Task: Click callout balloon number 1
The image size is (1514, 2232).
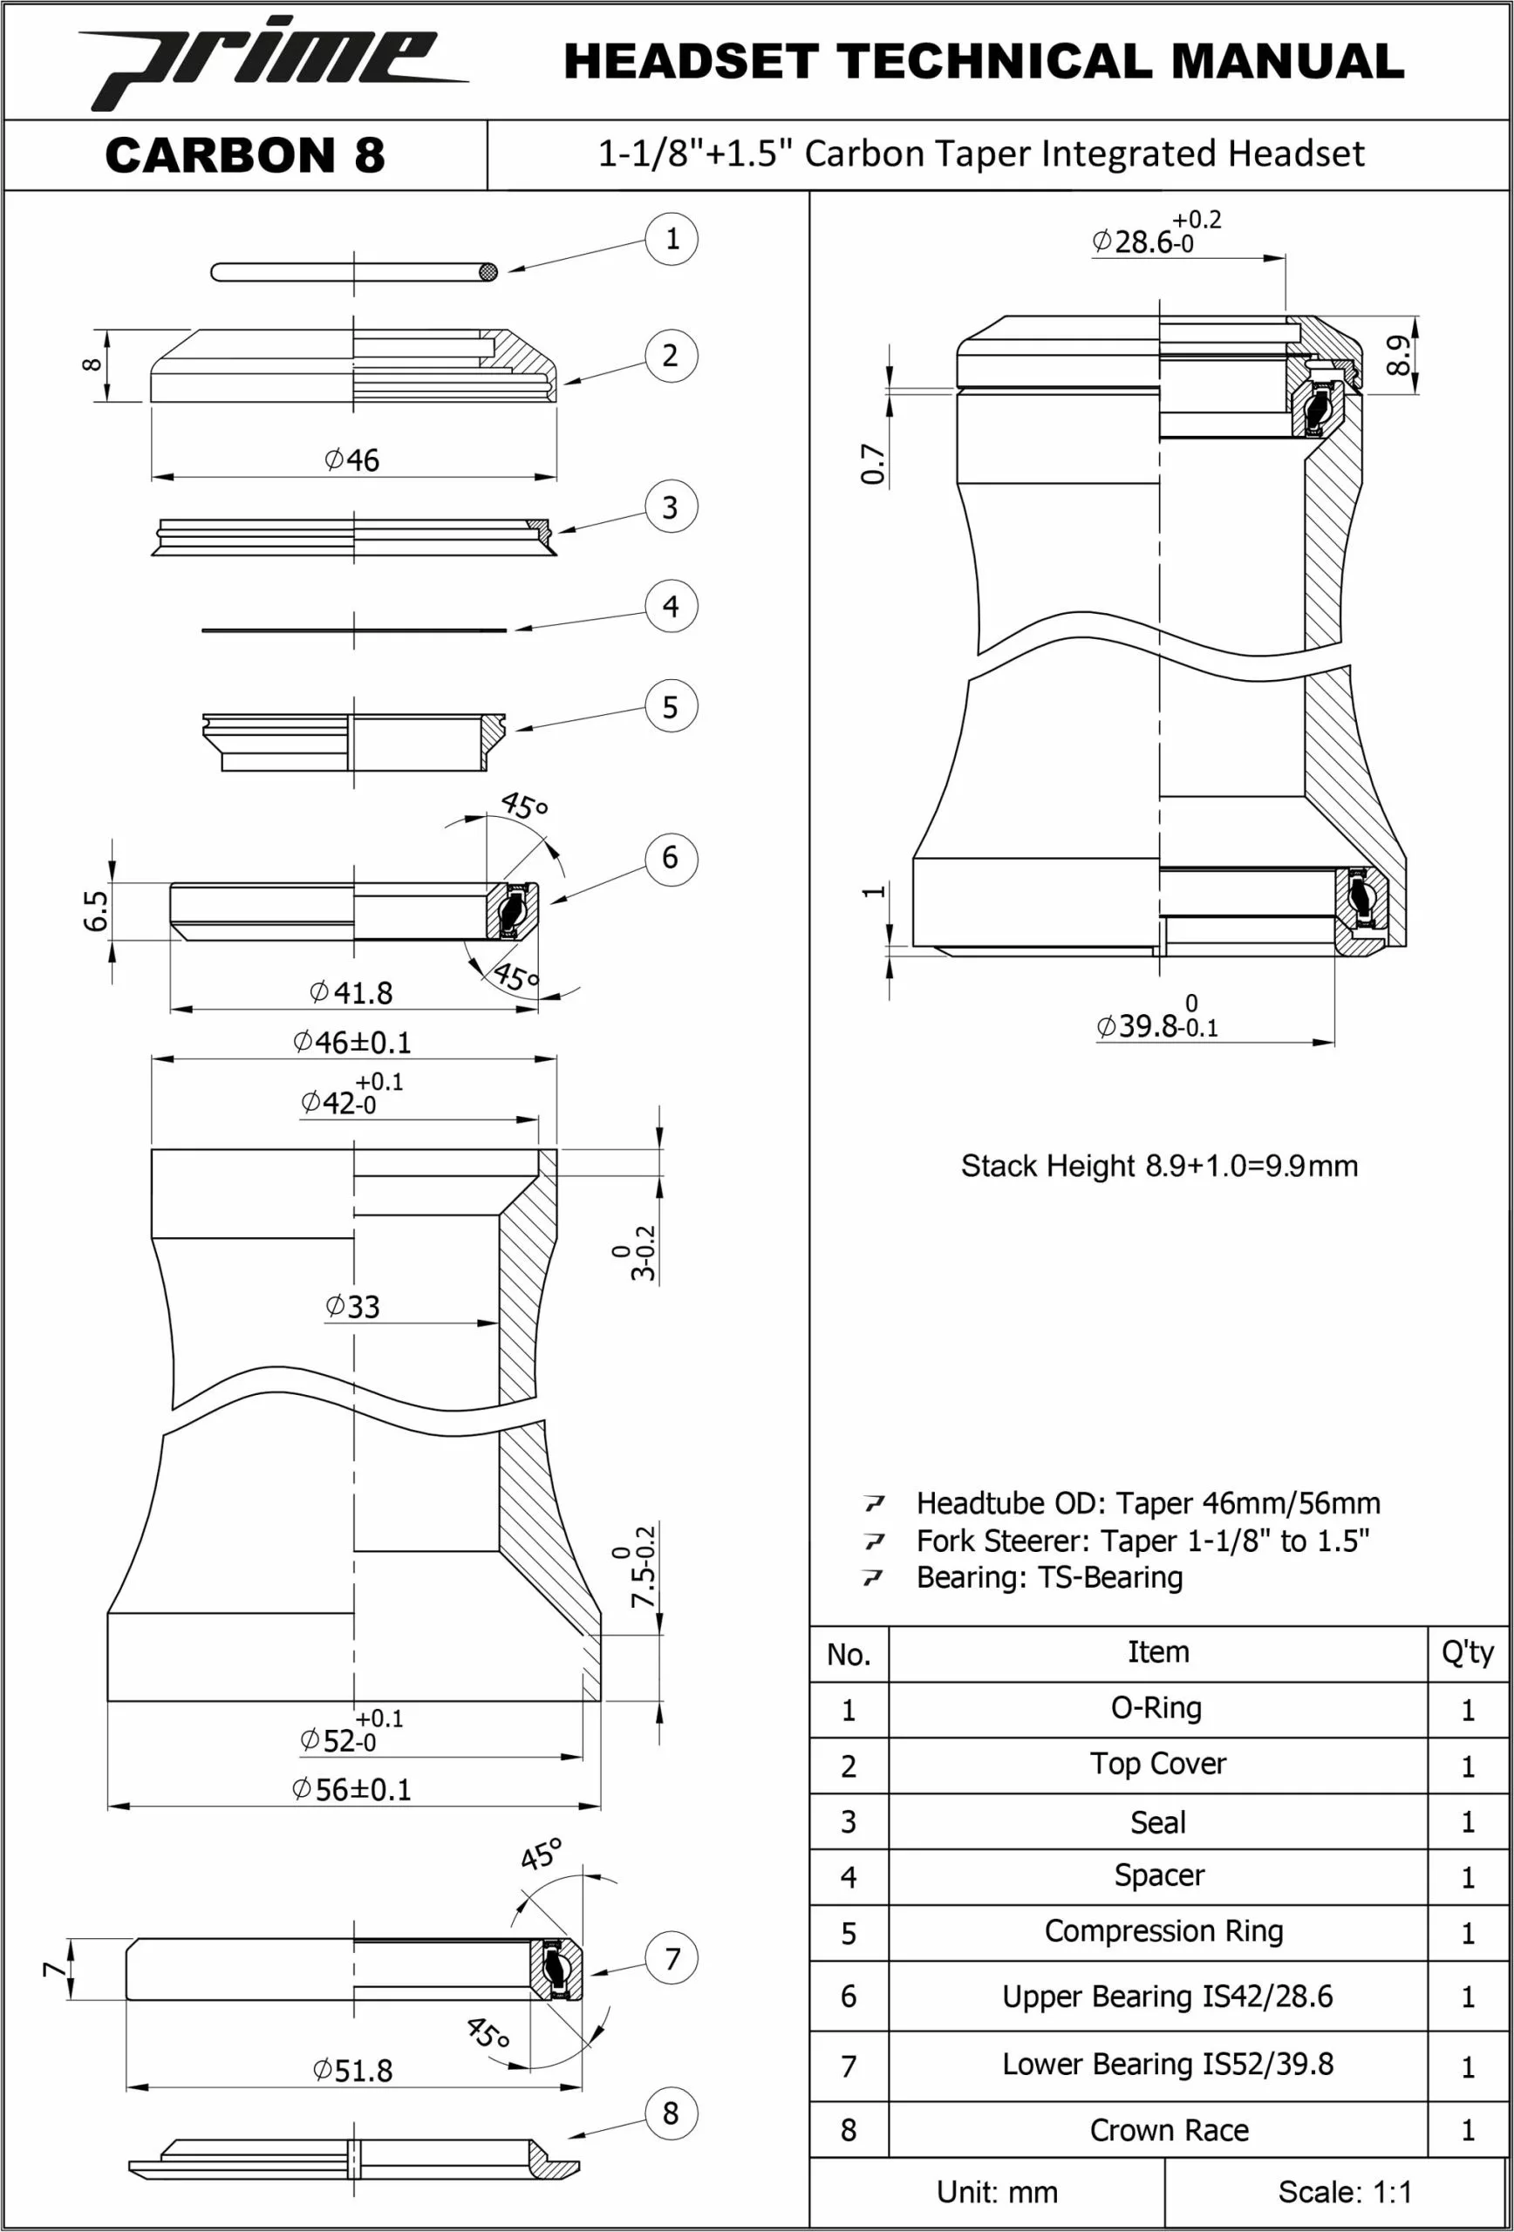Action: (x=671, y=239)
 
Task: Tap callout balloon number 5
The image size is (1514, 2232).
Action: (x=671, y=707)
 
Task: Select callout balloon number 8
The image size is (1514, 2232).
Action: (x=671, y=2113)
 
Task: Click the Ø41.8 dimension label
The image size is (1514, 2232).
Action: (x=351, y=992)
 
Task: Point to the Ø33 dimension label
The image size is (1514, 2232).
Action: (x=352, y=1306)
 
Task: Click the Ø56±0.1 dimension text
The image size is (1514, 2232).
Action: (x=351, y=1789)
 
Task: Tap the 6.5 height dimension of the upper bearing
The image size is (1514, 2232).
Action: (x=96, y=910)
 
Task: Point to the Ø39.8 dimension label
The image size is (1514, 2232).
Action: (x=1156, y=1024)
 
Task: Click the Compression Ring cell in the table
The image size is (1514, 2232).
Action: (x=1163, y=1930)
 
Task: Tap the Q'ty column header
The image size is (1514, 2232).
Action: (x=1467, y=1652)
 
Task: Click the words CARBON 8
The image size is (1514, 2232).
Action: (x=245, y=155)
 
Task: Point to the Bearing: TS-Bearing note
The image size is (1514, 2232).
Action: (x=1049, y=1576)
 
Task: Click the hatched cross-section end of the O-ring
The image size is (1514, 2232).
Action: (x=488, y=273)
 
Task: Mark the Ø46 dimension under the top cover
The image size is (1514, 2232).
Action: (x=351, y=460)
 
